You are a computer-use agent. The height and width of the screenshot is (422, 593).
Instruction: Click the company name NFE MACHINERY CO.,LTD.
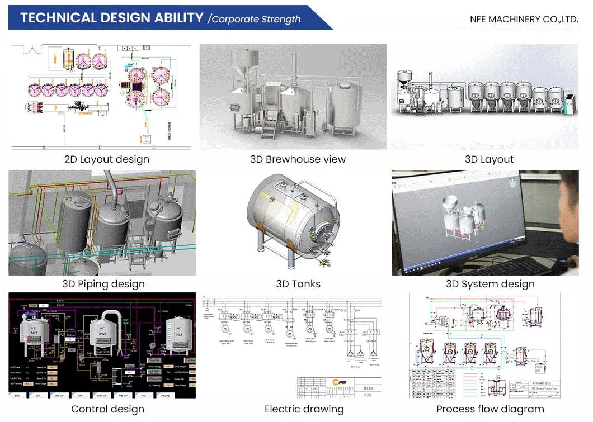click(x=524, y=19)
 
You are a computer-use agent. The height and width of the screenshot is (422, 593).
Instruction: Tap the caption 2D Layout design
click(x=107, y=159)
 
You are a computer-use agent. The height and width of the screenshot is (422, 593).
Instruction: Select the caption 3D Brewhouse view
click(x=298, y=159)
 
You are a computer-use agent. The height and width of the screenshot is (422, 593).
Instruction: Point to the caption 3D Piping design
click(x=103, y=284)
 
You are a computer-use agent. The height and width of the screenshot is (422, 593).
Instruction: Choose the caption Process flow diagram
click(x=490, y=409)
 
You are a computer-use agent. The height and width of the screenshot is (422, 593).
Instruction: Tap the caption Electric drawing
click(x=304, y=409)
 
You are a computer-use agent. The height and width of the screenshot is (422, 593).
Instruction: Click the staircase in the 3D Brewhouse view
click(x=271, y=126)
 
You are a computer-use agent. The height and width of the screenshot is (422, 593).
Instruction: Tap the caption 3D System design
click(x=490, y=284)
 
